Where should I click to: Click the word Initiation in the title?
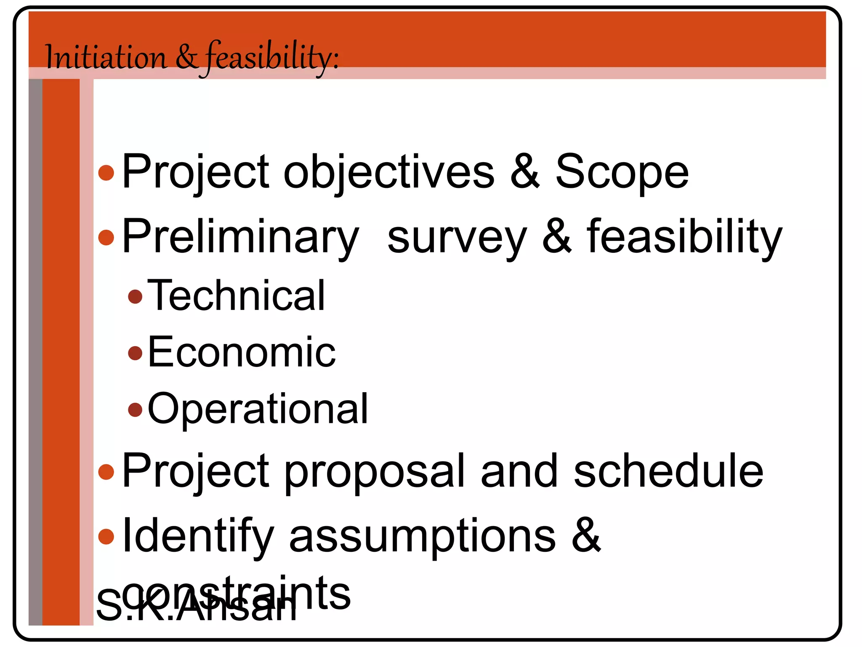click(106, 57)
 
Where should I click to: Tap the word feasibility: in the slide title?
click(272, 57)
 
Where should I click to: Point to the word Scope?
click(622, 172)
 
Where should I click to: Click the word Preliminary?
click(240, 237)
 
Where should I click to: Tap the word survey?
click(457, 238)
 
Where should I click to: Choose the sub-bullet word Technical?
click(236, 296)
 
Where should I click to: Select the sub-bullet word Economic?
click(242, 352)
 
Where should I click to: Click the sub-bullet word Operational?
click(258, 409)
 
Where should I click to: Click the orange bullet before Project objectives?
click(106, 173)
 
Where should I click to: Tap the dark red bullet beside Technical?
click(135, 297)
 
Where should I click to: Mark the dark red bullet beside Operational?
click(135, 409)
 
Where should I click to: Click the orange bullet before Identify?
click(106, 537)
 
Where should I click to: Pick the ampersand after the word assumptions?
click(586, 535)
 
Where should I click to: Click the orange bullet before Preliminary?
click(106, 238)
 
